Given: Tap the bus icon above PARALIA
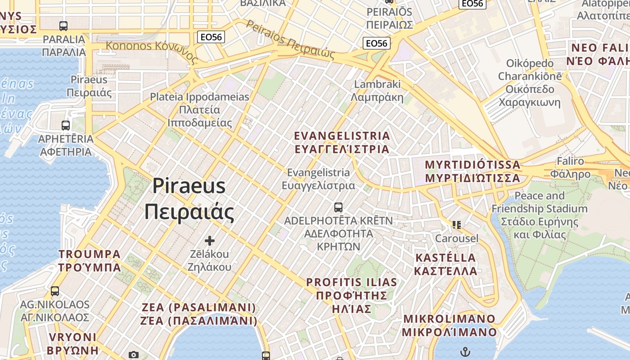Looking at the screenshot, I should (x=63, y=26).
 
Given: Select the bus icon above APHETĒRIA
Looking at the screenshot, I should (x=66, y=125).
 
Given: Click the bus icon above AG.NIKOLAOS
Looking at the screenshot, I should (x=55, y=291).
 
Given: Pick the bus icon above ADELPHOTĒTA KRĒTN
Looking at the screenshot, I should (x=338, y=207).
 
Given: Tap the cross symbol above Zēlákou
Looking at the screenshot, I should (x=209, y=241).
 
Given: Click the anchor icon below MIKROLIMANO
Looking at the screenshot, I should (x=464, y=351).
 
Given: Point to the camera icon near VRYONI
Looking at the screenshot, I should (x=133, y=355).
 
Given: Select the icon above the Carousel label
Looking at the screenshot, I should (x=457, y=225).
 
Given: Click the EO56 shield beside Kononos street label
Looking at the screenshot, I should (x=211, y=37).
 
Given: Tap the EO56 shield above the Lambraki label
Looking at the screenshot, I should (x=376, y=43).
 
